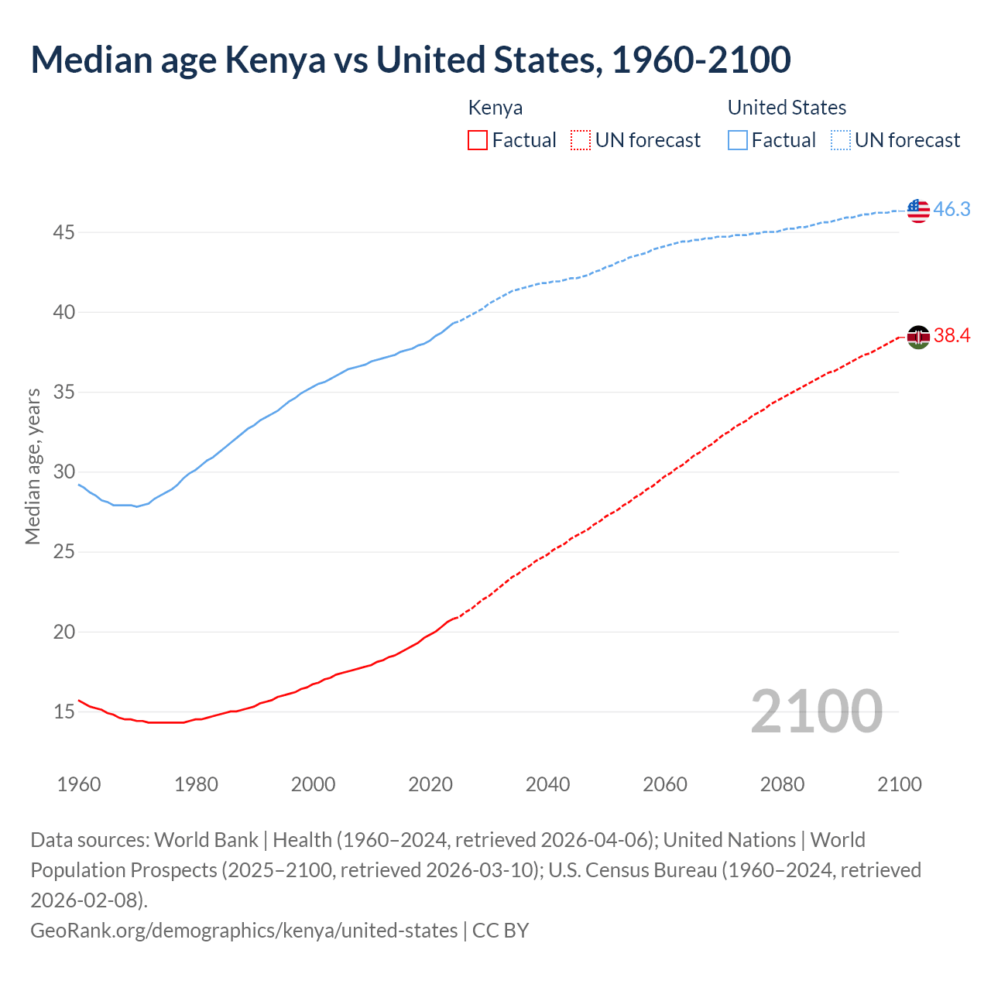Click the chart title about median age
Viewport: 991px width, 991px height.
click(410, 60)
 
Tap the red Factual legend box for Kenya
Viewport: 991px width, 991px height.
click(478, 140)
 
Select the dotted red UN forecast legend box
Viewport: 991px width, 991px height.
click(581, 140)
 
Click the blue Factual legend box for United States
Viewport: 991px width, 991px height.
click(738, 140)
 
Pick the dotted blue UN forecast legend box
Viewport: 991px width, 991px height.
click(840, 140)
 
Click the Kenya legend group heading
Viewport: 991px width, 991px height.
click(495, 108)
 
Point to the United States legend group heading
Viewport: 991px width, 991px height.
click(787, 108)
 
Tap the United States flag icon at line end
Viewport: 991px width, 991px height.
click(918, 210)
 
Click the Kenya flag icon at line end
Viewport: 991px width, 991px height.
click(918, 337)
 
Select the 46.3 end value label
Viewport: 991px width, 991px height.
click(952, 210)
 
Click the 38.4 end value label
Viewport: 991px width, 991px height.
click(952, 336)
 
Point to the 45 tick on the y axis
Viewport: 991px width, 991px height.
click(64, 232)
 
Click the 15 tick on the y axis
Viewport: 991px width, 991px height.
click(64, 712)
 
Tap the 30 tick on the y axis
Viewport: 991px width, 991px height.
click(64, 472)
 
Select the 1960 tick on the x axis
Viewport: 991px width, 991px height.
click(79, 784)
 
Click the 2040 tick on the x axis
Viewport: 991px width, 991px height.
click(547, 784)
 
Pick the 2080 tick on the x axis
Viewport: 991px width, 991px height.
click(782, 784)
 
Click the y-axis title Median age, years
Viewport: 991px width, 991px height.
click(33, 467)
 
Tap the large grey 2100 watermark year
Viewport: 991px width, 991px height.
click(816, 712)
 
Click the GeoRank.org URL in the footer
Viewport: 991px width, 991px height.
click(244, 930)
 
